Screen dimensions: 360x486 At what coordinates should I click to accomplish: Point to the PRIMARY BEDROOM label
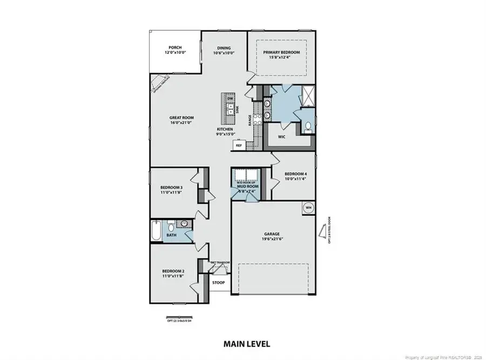[281, 52]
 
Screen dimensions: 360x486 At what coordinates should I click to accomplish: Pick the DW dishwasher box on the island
[230, 99]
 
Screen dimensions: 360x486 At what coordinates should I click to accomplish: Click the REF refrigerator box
[238, 145]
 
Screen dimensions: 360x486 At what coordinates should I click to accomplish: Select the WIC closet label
[281, 136]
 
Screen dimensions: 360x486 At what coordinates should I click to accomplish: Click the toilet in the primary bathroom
[307, 126]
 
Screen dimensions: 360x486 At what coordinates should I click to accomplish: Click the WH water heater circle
[308, 208]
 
